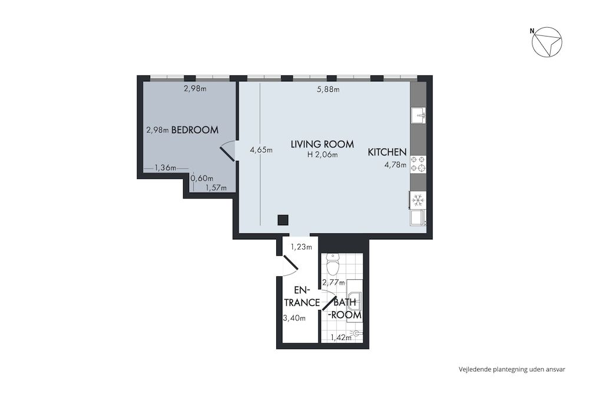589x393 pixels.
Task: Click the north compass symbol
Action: (x=547, y=43)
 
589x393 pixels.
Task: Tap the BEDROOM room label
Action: (x=195, y=130)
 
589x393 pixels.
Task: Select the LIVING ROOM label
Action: (x=322, y=144)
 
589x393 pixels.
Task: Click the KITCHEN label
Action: (x=387, y=152)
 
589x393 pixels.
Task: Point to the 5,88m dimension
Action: (x=328, y=90)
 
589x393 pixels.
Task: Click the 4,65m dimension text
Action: (x=261, y=150)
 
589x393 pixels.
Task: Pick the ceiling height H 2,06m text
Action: (x=322, y=155)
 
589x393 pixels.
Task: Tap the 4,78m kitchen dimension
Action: (x=395, y=165)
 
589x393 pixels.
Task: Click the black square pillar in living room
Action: (x=283, y=220)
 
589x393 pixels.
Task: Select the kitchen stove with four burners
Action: (x=418, y=164)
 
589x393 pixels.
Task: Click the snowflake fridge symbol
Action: (x=418, y=200)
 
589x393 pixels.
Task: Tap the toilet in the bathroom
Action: (x=333, y=266)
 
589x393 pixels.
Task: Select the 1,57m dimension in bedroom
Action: (x=216, y=188)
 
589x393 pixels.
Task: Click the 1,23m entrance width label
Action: (x=301, y=247)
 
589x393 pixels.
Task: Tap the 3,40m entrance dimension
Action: (x=294, y=318)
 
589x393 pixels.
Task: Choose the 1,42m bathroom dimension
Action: (x=341, y=338)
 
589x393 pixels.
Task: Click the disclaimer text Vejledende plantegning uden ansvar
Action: (x=512, y=369)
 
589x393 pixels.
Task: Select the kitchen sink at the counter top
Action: (x=418, y=114)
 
